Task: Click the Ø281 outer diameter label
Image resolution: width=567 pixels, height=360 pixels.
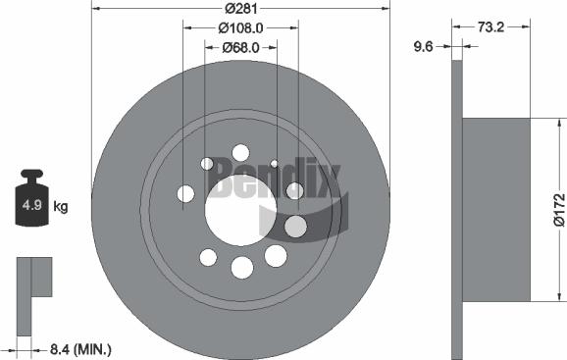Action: click(240, 8)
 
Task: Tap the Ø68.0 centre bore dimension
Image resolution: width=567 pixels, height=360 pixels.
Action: click(240, 47)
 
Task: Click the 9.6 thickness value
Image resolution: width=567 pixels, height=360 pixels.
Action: click(425, 45)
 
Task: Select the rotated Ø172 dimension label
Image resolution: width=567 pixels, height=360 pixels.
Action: click(557, 210)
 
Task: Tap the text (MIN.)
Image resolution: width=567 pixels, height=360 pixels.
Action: click(93, 348)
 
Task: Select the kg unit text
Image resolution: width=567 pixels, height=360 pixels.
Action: click(61, 206)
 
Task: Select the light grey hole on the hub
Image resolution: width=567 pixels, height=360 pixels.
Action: click(294, 228)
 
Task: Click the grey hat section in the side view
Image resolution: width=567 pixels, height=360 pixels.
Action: click(495, 210)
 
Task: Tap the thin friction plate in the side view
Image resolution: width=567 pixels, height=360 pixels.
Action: click(456, 210)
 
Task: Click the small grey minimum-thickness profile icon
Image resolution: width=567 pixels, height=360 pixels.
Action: click(31, 280)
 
